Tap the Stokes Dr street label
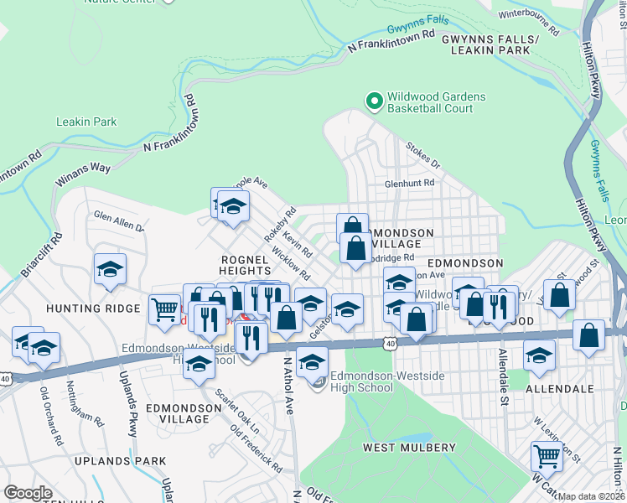tap(422, 155)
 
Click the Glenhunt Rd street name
tap(409, 183)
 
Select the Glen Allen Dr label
tap(118, 221)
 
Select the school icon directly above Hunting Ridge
tap(110, 269)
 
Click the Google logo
tap(28, 493)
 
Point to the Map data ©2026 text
tap(591, 496)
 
